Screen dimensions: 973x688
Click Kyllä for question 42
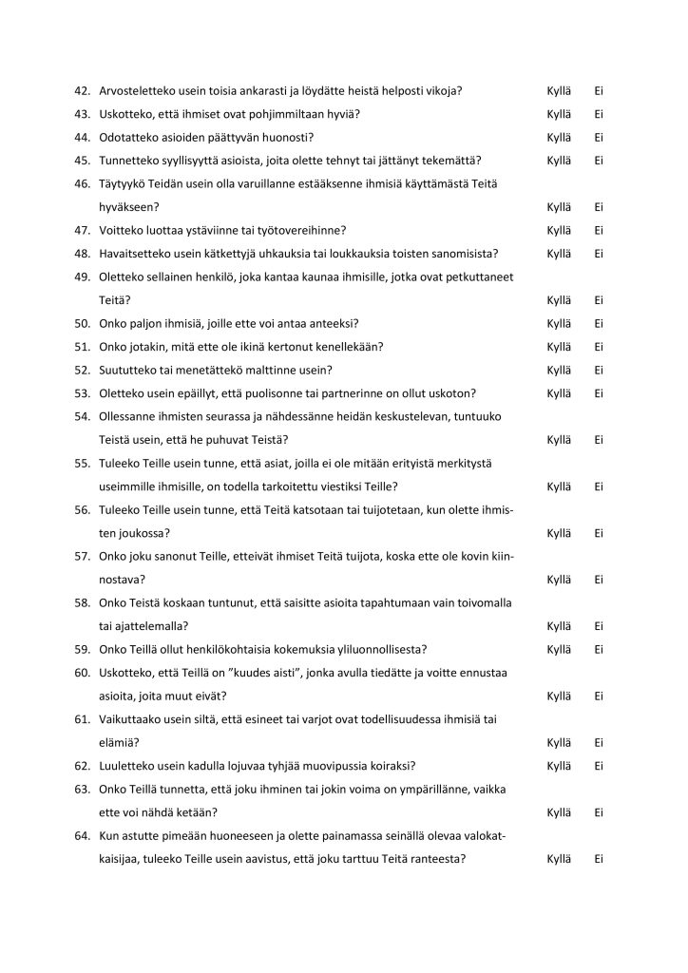[x=559, y=90]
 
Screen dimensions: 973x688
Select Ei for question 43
[x=600, y=114]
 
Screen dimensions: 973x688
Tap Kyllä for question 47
[x=559, y=230]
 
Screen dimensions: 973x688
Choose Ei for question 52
[x=600, y=370]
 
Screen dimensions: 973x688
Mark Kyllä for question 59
[x=559, y=649]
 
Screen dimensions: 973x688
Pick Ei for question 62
[x=600, y=766]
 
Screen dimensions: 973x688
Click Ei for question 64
[x=600, y=859]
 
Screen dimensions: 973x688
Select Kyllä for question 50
[x=559, y=323]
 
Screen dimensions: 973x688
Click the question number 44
[x=82, y=137]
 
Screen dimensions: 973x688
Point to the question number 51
[x=82, y=347]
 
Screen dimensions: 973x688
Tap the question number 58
[x=82, y=602]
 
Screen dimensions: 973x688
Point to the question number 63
[x=82, y=789]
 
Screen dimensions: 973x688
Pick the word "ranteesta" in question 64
[x=439, y=859]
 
